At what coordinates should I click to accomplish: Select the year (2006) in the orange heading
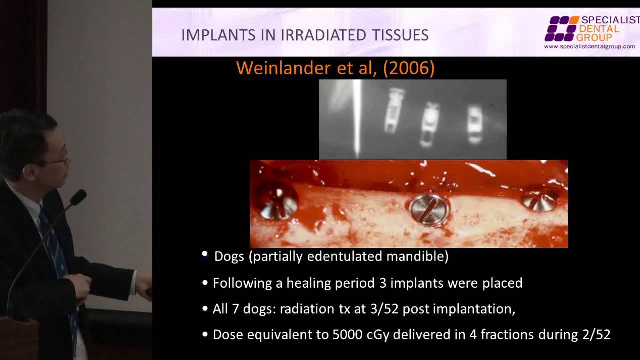point(409,68)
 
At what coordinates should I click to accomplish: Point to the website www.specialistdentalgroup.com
point(589,47)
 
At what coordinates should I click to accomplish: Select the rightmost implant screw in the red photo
point(540,198)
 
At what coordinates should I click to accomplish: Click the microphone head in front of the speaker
point(78,197)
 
